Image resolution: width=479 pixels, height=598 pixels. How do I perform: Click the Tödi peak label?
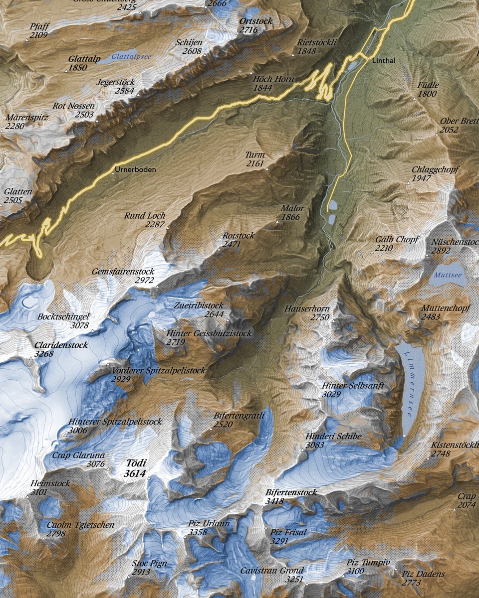coord(136,463)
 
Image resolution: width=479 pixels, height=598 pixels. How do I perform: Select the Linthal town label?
coord(383,61)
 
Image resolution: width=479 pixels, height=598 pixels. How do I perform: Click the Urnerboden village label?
coord(135,169)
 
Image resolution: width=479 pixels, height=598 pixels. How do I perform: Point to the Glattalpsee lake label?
coord(131,57)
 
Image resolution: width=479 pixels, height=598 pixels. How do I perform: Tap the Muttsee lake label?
coord(448,275)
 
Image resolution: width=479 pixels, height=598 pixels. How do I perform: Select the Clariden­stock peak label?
coord(61,345)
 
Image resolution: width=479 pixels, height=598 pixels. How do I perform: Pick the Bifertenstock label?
coord(291,492)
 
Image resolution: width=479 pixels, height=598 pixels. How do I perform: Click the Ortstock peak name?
coord(255,21)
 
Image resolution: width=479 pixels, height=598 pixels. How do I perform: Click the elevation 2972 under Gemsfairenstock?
coord(145,281)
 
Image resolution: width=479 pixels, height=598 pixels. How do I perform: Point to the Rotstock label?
coord(238,236)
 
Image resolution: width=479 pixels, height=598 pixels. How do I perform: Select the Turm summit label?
coord(255,155)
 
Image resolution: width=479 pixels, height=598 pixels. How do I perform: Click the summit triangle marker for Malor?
coord(278,222)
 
